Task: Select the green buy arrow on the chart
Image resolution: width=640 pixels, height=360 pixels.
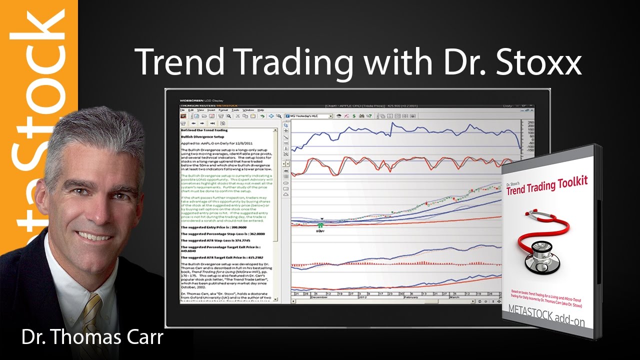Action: [x=320, y=226]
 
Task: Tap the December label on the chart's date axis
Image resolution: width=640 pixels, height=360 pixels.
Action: [x=320, y=296]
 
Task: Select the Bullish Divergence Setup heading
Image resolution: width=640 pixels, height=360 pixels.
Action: [x=202, y=136]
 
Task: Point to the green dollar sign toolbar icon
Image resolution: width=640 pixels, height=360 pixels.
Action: [x=354, y=116]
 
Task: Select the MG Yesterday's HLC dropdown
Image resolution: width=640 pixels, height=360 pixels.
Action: [x=308, y=116]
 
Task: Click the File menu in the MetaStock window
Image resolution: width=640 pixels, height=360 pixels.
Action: [x=183, y=110]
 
